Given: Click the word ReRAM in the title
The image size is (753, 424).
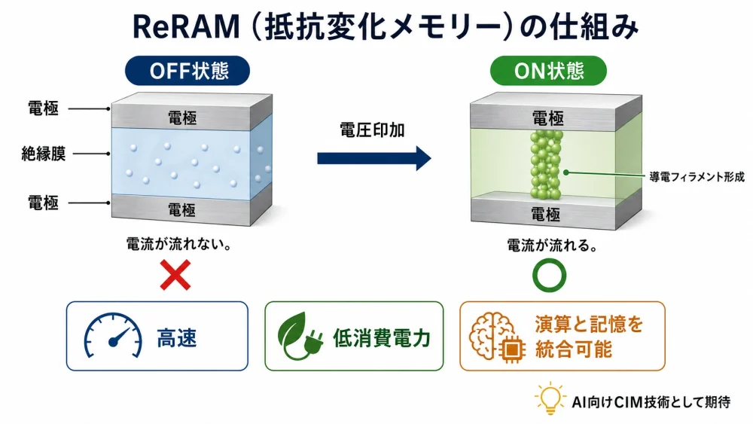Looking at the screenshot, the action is [x=186, y=27].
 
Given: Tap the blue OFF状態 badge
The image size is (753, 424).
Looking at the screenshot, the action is [x=187, y=71].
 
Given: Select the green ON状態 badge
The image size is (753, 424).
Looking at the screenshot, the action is [x=548, y=71].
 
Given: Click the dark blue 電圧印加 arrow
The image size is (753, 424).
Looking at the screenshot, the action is [x=374, y=158].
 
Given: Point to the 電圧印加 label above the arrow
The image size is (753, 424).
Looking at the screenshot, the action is [x=372, y=130].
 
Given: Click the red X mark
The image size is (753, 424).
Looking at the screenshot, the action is [x=175, y=275].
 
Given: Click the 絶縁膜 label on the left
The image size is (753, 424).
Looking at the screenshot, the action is [x=43, y=154].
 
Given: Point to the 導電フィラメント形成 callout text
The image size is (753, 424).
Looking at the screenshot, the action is [x=697, y=177].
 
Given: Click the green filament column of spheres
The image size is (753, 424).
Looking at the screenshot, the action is [x=546, y=164].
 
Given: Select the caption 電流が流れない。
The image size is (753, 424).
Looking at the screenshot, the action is [x=178, y=244].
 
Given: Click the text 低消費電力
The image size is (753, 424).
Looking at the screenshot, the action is [x=382, y=338].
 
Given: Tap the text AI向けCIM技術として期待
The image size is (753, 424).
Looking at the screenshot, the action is [x=651, y=401].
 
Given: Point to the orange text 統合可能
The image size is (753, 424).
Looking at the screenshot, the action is [x=573, y=349].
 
